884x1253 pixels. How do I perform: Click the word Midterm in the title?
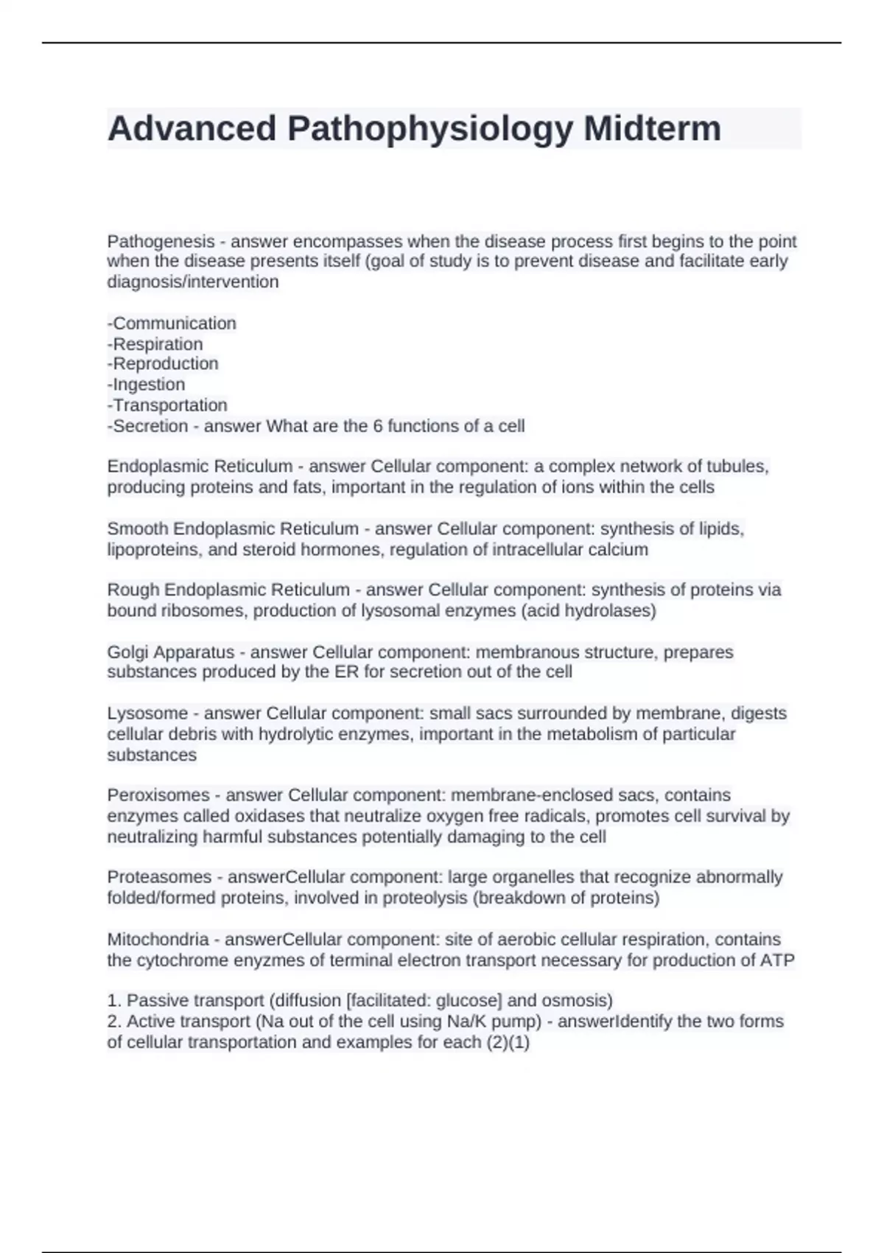coord(652,128)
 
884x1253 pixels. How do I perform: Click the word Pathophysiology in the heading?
coord(429,128)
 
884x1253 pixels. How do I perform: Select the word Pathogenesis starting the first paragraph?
coord(161,241)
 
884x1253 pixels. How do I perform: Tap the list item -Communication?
coord(172,323)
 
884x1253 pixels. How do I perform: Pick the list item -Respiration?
coord(155,343)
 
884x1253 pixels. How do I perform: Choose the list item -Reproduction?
coord(163,363)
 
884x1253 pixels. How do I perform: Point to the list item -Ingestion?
coord(146,384)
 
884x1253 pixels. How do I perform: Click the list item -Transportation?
coord(167,405)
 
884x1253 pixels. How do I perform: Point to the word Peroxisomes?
coord(158,795)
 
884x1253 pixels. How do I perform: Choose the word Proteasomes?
coord(159,876)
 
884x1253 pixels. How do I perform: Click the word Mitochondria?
coord(158,939)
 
